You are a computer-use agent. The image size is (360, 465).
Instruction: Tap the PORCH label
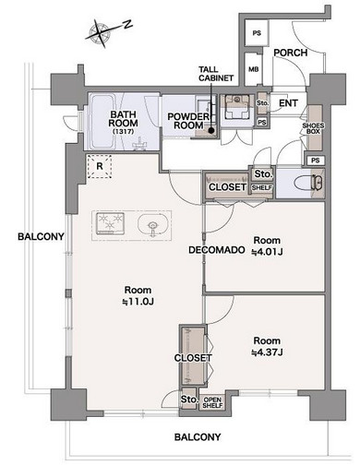(291, 53)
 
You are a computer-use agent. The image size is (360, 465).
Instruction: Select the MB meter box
(253, 69)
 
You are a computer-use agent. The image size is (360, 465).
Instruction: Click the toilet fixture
(308, 184)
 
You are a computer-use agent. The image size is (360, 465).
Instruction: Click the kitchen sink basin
(153, 226)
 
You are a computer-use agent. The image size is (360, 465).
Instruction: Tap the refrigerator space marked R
(100, 166)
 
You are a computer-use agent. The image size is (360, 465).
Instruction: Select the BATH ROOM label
(124, 119)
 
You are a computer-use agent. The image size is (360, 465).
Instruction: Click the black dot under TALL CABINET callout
(211, 130)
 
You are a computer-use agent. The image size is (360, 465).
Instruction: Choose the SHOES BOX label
(313, 128)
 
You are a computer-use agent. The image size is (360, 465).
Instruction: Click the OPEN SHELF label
(212, 402)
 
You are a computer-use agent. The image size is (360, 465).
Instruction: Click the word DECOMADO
(217, 250)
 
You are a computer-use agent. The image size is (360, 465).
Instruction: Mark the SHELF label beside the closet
(262, 187)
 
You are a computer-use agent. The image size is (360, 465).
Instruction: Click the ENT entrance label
(288, 103)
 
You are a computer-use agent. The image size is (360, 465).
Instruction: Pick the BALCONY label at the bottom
(198, 437)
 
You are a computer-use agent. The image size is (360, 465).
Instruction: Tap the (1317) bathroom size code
(124, 131)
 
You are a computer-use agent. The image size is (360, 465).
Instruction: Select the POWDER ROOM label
(188, 121)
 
